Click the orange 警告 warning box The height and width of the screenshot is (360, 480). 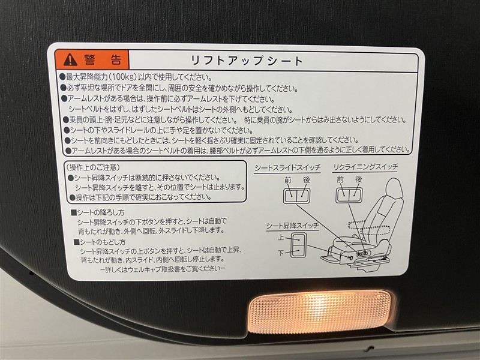click(92, 59)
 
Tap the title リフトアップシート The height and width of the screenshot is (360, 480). click(247, 61)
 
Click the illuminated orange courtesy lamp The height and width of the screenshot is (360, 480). click(320, 312)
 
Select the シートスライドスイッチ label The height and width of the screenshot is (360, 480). click(287, 168)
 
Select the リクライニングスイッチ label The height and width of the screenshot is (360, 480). click(365, 167)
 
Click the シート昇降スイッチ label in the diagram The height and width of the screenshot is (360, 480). click(292, 226)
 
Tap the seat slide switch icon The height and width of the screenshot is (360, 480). click(296, 196)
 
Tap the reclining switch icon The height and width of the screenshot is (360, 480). click(349, 194)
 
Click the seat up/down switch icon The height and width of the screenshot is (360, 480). click(298, 245)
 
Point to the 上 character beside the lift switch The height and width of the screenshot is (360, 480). click(281, 237)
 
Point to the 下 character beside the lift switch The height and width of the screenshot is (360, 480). click(281, 253)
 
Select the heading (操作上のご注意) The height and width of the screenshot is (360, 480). click(92, 167)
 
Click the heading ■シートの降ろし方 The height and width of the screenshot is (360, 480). click(98, 212)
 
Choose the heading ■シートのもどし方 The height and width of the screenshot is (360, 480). click(100, 242)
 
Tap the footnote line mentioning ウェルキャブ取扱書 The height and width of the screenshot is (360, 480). click(163, 269)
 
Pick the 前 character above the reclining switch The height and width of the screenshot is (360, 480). click(340, 180)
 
